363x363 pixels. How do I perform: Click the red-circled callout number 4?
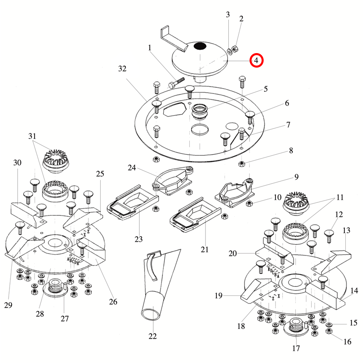coord(256,59)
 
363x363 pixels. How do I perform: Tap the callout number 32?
coord(122,69)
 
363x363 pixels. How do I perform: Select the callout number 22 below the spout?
coord(152,336)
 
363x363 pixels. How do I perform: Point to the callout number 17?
coord(296,348)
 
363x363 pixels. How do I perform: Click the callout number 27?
coord(65,319)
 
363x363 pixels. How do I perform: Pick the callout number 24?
coord(132,168)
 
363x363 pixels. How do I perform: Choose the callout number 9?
coord(296,177)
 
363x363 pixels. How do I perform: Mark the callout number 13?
coord(346,231)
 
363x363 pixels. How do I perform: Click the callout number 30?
coord(17,162)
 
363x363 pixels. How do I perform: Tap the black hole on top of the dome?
coord(200,46)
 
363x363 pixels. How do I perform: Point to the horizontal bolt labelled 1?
coord(176,83)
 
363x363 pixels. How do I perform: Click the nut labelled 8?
coord(242,163)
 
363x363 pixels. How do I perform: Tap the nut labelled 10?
coord(249,203)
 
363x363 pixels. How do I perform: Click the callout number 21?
coord(205,249)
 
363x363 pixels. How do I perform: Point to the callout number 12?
coord(339,214)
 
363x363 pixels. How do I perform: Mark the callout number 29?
coord(8,305)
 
